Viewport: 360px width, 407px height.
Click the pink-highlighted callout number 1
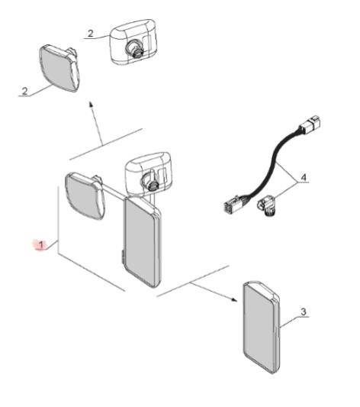(x=41, y=245)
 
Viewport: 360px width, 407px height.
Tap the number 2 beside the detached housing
(x=90, y=34)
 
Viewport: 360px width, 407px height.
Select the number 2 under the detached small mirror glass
(x=24, y=91)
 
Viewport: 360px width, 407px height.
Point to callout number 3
(x=304, y=312)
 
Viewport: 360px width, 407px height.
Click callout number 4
(x=304, y=178)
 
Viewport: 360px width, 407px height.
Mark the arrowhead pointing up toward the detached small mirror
(x=91, y=104)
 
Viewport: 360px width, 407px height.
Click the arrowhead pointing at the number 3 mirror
(x=234, y=299)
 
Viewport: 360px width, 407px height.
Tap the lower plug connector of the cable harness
(x=235, y=205)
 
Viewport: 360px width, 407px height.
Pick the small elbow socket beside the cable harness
(x=267, y=206)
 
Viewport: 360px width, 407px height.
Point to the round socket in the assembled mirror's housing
(x=149, y=181)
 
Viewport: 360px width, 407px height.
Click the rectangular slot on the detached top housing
(x=148, y=43)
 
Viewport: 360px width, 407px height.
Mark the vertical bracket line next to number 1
(x=58, y=220)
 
